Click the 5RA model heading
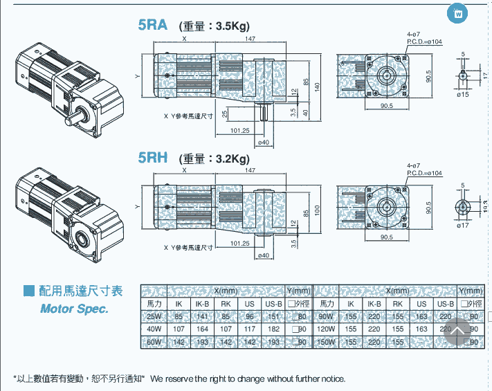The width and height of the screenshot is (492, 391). click(152, 26)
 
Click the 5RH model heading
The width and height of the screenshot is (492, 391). click(153, 157)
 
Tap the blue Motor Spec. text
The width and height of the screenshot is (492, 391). click(74, 309)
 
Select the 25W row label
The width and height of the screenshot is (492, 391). click(154, 317)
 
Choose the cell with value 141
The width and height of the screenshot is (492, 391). click(203, 317)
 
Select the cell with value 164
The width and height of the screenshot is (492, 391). click(203, 329)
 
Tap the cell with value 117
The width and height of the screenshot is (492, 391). click(250, 329)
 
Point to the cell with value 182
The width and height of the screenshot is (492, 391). click(273, 329)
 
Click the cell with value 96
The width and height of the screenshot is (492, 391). click(250, 317)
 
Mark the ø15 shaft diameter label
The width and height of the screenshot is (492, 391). click(462, 94)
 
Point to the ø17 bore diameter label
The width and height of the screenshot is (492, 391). click(462, 226)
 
